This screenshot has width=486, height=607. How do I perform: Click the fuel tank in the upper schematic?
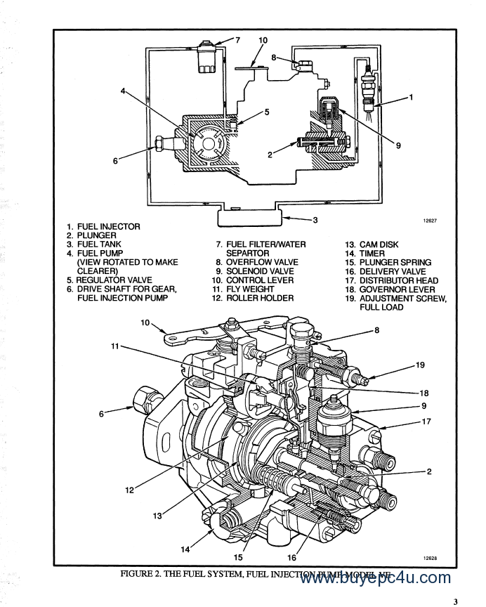(250, 216)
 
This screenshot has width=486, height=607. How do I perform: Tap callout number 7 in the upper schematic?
(237, 39)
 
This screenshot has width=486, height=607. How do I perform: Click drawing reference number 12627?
(431, 221)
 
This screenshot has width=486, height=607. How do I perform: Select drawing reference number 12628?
(431, 558)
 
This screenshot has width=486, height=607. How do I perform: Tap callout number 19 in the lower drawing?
(420, 365)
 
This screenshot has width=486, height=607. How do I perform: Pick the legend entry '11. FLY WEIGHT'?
(243, 289)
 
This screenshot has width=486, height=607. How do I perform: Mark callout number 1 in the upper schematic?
(411, 97)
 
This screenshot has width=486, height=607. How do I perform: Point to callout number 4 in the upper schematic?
(124, 92)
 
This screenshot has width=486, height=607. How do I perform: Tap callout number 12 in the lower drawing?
(130, 490)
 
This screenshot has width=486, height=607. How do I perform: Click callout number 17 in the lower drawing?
(425, 422)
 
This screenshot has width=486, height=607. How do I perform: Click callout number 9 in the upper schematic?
(398, 145)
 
